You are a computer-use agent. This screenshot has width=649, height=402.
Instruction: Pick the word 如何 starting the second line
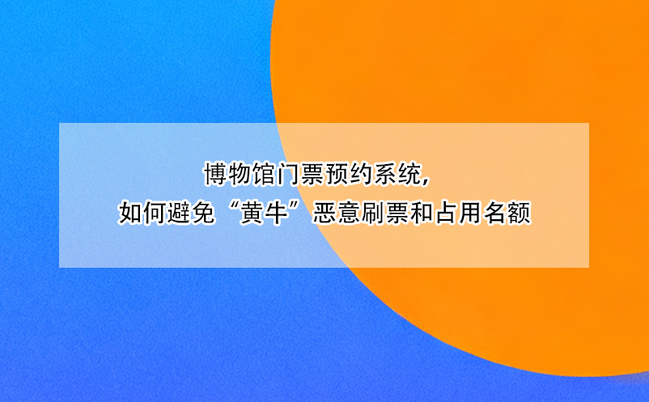(x=140, y=214)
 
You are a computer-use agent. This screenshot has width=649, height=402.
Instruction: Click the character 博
(x=214, y=174)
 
